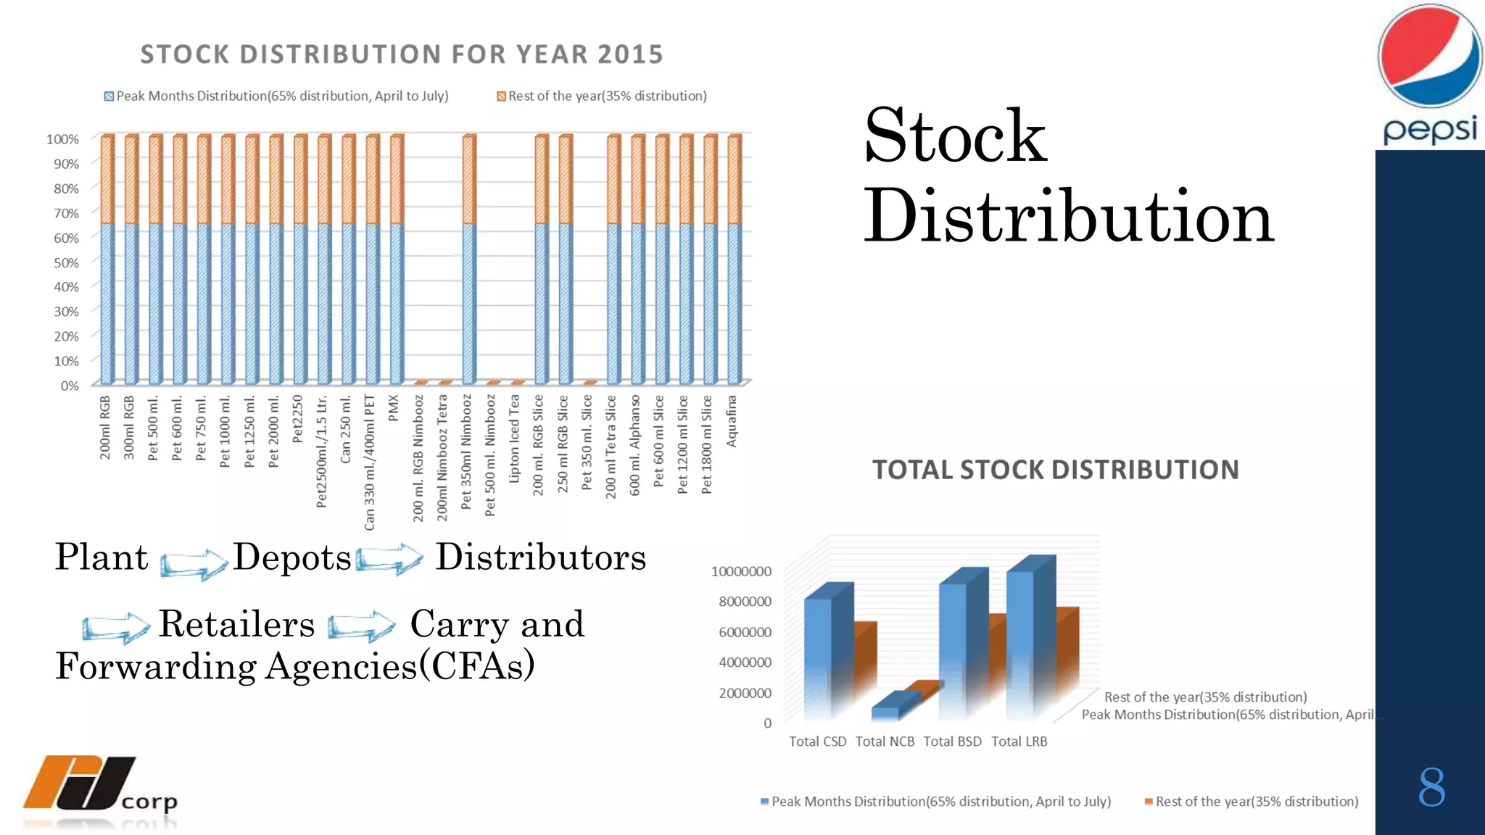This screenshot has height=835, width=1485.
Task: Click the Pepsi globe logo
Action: coord(1429,57)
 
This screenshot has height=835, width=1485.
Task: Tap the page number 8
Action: coord(1431,787)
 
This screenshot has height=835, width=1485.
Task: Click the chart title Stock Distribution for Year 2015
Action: coord(402,54)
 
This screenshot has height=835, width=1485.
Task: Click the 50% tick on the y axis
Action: coord(66,262)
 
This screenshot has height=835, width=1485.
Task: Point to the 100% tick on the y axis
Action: coord(62,139)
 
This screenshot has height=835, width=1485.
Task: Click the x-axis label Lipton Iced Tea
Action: coord(514,438)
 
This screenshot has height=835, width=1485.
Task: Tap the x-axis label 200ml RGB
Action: coord(105,427)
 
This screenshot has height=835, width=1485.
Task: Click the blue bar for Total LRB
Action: coord(1019,638)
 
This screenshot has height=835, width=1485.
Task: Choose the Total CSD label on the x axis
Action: coord(817,741)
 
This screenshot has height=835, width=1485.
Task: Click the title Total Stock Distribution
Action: coord(1055,470)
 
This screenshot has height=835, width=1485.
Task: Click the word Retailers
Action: coord(236,624)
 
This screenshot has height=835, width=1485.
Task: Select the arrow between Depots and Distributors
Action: coord(389,559)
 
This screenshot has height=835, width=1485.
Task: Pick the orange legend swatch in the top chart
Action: coord(501,96)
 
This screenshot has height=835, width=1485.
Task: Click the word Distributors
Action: coord(540,557)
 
